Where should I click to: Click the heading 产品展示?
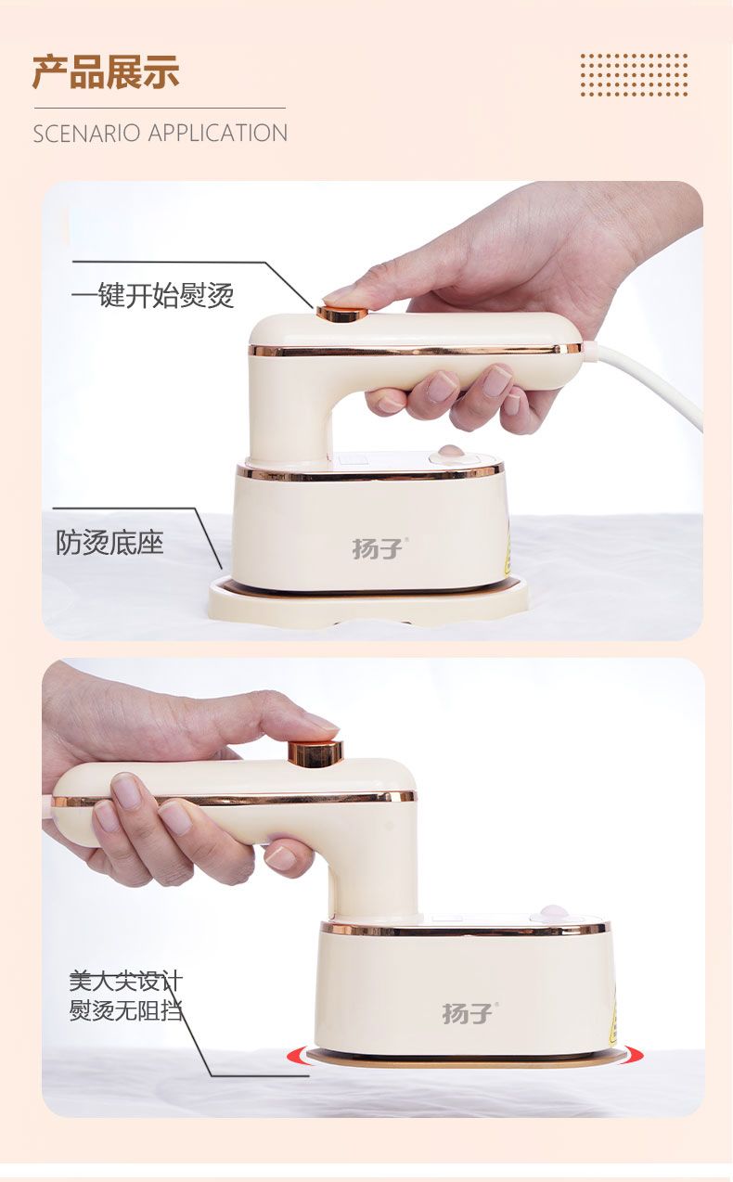(x=106, y=71)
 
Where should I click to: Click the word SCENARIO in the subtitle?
(x=86, y=133)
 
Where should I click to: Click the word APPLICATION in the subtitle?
(x=218, y=133)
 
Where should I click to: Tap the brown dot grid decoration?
(x=634, y=75)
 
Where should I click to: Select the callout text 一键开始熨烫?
(x=152, y=295)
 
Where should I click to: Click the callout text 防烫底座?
(x=109, y=542)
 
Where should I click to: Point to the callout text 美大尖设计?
(x=126, y=981)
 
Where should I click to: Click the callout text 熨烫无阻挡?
(x=126, y=1010)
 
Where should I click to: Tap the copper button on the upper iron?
(x=342, y=313)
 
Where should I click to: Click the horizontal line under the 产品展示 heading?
(x=160, y=109)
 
